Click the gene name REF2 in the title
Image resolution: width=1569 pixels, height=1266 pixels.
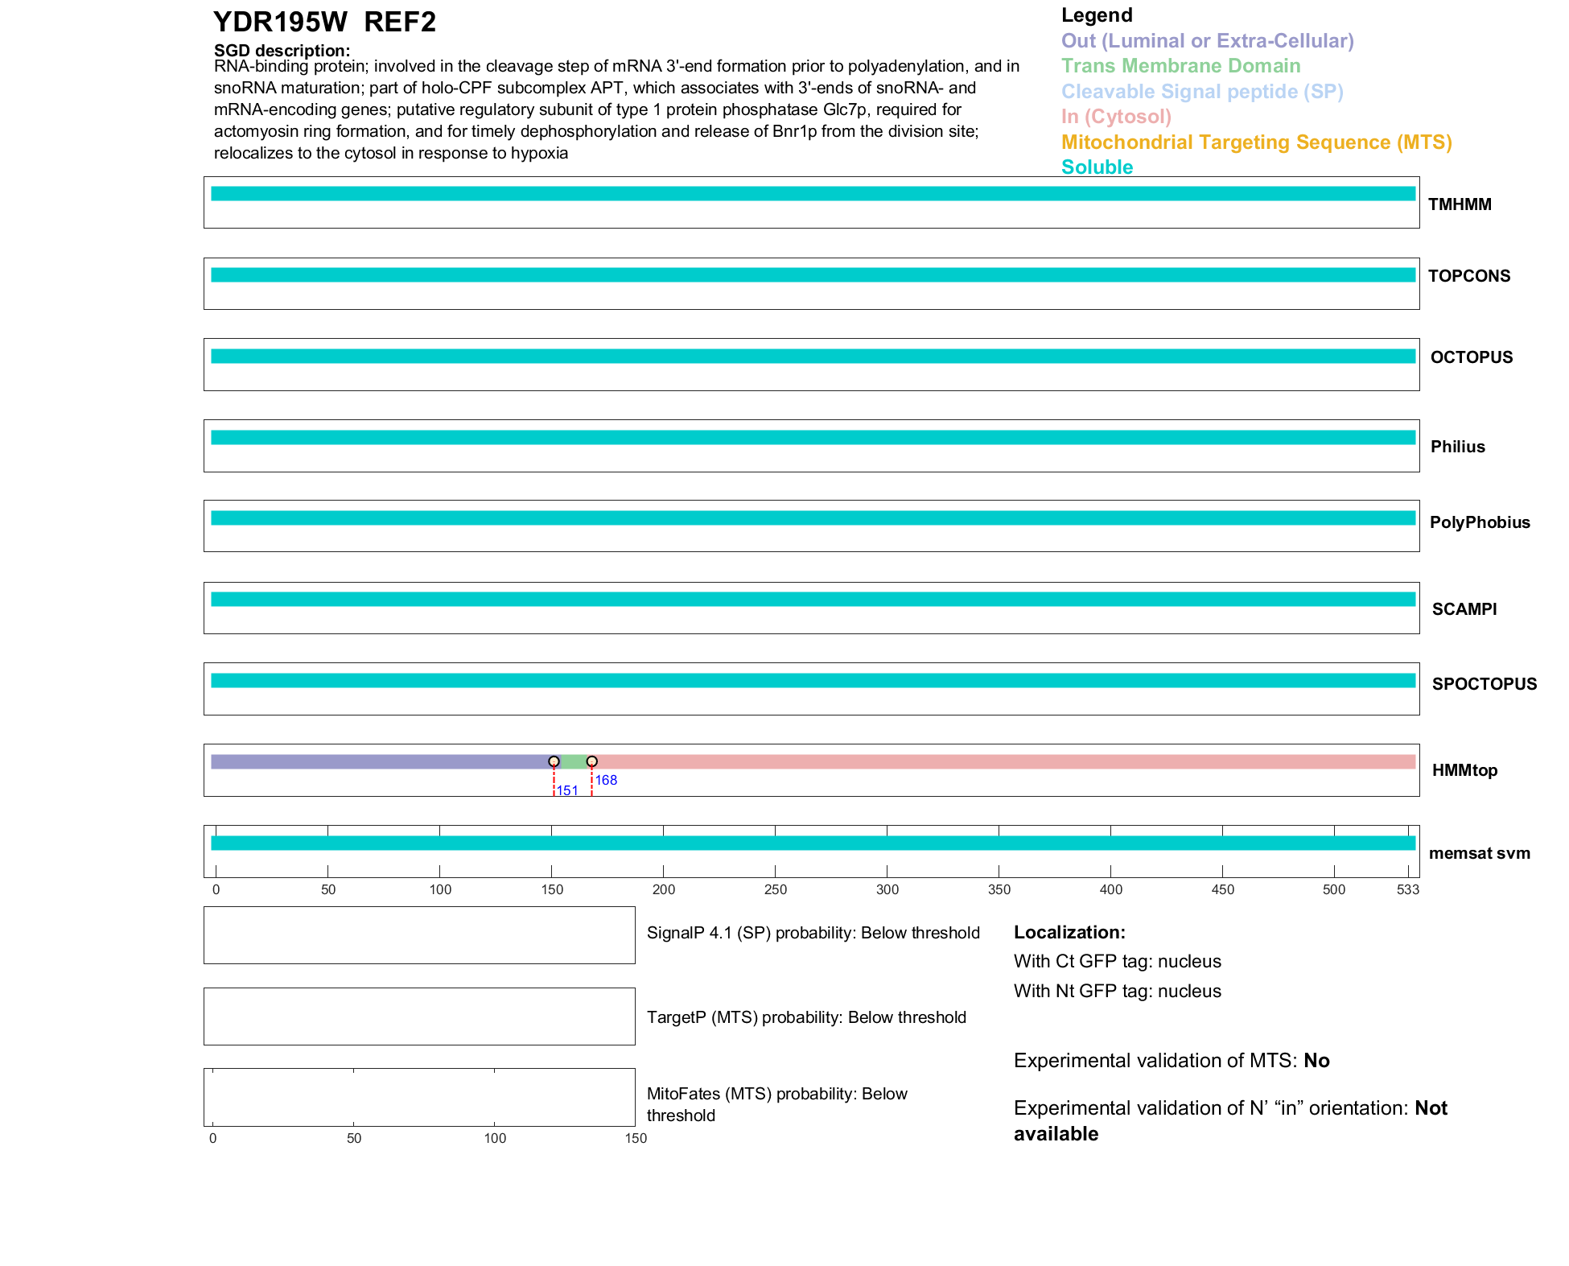tap(400, 22)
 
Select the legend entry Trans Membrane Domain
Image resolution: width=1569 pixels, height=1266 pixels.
tap(1180, 66)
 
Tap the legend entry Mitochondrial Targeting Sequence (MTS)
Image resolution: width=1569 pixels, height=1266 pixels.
tap(1256, 142)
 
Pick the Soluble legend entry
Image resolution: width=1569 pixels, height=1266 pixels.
tap(1097, 167)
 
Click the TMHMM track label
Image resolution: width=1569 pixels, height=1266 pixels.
tap(1460, 204)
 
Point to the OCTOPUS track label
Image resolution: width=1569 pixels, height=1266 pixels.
tap(1471, 357)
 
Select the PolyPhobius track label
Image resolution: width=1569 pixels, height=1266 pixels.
tap(1479, 522)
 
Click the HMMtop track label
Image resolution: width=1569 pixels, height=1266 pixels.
tap(1464, 770)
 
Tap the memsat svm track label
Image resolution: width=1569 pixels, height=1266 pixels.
tap(1479, 853)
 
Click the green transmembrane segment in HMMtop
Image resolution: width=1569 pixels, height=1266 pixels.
tap(573, 762)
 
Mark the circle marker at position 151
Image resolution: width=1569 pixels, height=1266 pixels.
tap(554, 761)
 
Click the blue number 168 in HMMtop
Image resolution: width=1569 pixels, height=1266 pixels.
tap(606, 780)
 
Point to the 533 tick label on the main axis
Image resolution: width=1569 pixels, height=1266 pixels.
tap(1407, 889)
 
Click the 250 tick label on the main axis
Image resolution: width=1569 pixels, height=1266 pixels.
tap(776, 889)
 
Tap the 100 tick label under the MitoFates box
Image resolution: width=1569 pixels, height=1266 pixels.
tap(495, 1138)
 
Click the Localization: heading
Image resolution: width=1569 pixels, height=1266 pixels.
tap(1069, 932)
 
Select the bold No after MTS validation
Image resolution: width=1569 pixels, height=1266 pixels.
tap(1316, 1061)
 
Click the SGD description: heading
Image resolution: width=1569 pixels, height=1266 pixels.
tap(282, 51)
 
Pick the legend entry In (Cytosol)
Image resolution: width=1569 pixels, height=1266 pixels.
tap(1116, 117)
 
